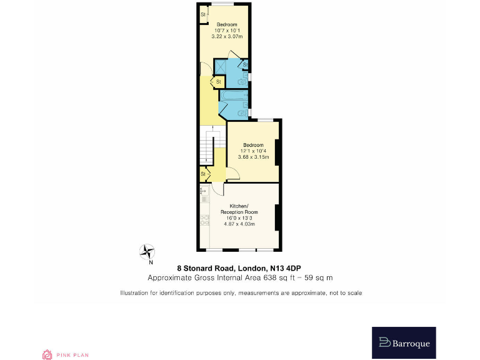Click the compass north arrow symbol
pos(148,252)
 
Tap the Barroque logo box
pos(404,342)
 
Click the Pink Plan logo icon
pos(46,354)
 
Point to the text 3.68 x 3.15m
pos(253,157)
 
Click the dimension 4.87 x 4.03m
pos(240,224)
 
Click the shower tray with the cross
pos(222,66)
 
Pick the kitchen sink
pos(204,198)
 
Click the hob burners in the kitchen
pos(204,219)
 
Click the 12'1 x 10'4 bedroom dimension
pos(253,151)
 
